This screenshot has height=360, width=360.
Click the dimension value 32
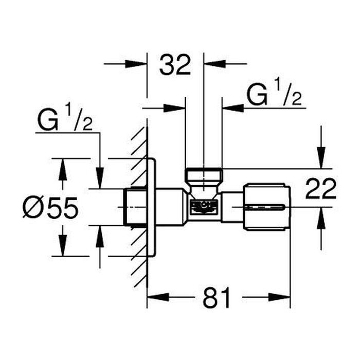(x=175, y=65)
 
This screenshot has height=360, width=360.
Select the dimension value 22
(x=321, y=188)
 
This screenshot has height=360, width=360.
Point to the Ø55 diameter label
(x=50, y=208)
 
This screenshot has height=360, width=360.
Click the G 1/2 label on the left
(x=65, y=118)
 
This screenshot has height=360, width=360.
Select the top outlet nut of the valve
(x=204, y=174)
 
